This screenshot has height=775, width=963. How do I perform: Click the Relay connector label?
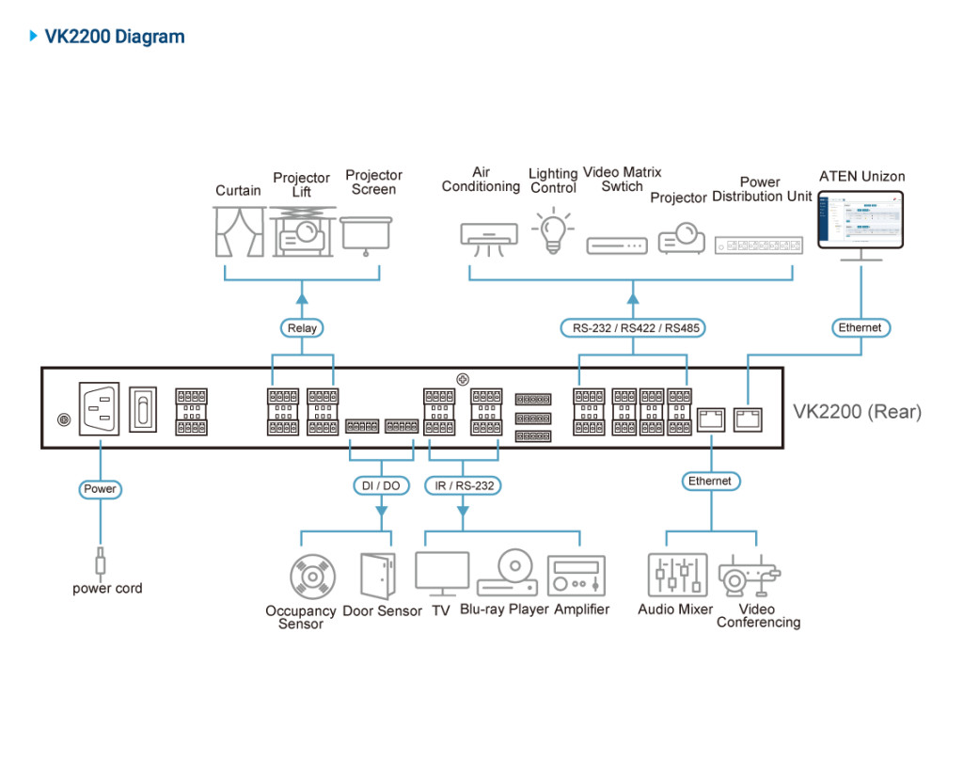pos(302,328)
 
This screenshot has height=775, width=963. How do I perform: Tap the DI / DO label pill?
pos(381,485)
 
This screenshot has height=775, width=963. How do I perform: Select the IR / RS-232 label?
pos(462,485)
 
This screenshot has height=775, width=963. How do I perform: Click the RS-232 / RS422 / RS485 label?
pos(632,328)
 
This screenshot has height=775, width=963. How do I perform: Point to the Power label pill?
pos(100,489)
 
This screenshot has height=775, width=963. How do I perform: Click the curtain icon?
pos(239,231)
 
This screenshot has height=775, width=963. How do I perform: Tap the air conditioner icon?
pos(488,235)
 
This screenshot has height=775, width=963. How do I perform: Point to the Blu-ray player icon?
pos(508,573)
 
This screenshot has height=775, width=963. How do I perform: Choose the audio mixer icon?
pos(677,576)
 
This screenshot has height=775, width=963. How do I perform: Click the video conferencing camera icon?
pos(748,576)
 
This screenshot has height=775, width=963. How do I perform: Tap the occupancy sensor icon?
pos(312,576)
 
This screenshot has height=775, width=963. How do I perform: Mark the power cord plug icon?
pos(101,561)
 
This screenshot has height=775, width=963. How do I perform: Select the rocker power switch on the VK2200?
pos(143,408)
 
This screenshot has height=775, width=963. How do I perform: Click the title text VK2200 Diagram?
pos(115,37)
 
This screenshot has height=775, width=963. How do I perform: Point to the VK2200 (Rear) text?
pos(857,411)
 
